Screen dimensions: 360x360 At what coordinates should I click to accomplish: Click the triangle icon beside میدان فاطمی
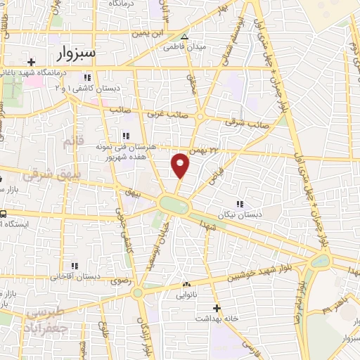(185, 37)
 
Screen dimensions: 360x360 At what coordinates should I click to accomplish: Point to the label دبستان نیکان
(238, 214)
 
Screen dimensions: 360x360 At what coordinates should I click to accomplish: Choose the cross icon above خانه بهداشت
(217, 308)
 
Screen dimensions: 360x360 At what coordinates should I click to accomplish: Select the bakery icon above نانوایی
(186, 285)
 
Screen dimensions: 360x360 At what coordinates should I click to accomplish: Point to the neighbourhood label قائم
(73, 143)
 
